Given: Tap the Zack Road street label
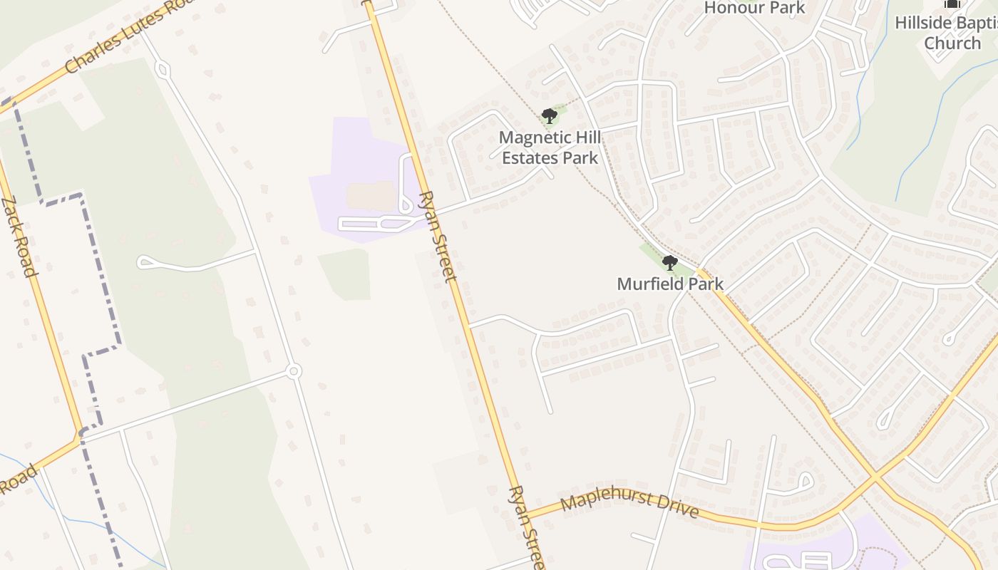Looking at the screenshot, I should pos(19,237).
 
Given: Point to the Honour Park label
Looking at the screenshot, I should pos(754,8).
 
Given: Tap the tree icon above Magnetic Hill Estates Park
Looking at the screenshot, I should pos(549,115).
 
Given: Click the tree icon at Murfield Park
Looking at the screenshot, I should pos(669,263).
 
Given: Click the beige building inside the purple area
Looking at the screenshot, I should pos(371,195).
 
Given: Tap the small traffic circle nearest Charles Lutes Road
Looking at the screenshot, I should pos(163,70).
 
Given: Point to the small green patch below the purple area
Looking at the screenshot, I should pos(346,274).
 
